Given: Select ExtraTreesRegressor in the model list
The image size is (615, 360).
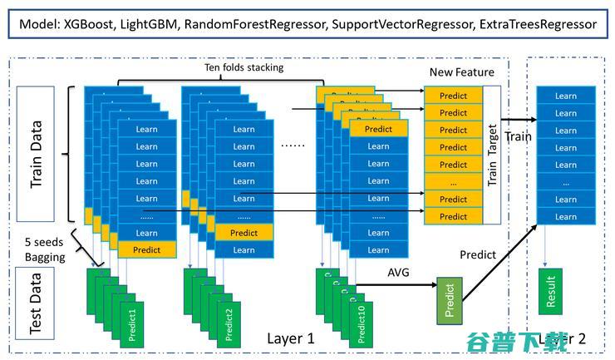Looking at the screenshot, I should (x=539, y=24).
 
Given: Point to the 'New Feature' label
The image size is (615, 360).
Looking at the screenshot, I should (x=462, y=72).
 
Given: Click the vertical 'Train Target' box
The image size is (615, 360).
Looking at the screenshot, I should (x=491, y=155).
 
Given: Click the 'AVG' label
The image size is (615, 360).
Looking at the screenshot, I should (x=400, y=273).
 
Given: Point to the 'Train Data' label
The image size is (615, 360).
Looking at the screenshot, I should (x=36, y=158).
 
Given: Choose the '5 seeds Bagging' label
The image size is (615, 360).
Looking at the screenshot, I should (x=45, y=249).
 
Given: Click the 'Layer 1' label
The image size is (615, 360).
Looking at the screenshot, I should (x=291, y=338).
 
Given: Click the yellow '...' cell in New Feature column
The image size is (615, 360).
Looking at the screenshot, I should (x=453, y=182).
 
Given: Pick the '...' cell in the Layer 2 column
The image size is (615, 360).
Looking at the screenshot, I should (x=565, y=182).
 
